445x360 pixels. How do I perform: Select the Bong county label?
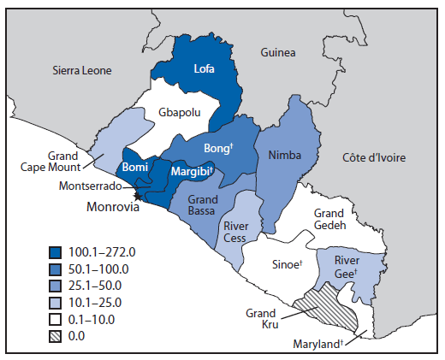point(218,148)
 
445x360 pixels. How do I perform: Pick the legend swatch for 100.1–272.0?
point(60,252)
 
